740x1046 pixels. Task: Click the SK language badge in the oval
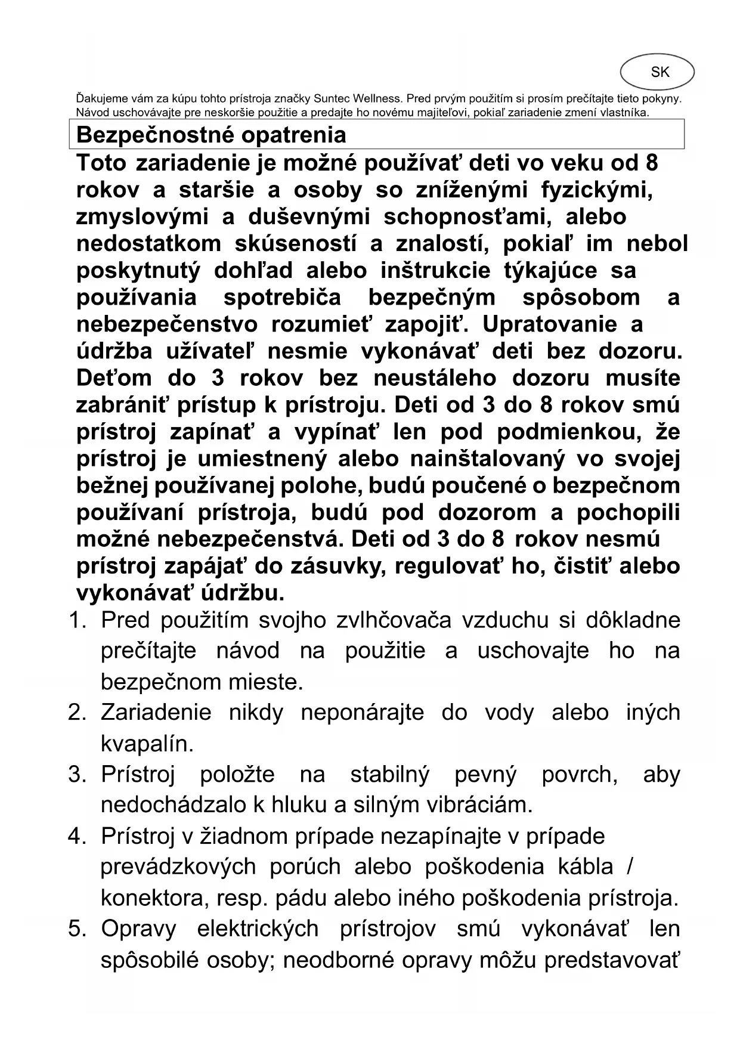tap(660, 72)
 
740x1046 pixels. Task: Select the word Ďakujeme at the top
tap(99, 98)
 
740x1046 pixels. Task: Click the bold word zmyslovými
tap(143, 217)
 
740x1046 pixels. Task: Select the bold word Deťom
tap(114, 378)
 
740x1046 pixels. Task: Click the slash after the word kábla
tap(630, 866)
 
